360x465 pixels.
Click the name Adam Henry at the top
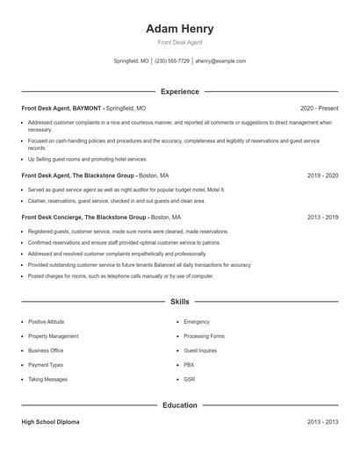point(179,28)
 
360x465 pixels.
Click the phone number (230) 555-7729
point(172,61)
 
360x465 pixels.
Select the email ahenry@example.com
point(220,61)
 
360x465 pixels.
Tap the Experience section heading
point(179,91)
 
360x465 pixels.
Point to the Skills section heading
point(179,302)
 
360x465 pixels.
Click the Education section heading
point(179,405)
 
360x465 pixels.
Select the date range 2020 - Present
point(319,108)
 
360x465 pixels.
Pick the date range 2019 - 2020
point(322,175)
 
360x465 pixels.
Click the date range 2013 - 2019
point(322,217)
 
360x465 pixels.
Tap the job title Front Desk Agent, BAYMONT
point(61,108)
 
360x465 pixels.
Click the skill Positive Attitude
point(46,322)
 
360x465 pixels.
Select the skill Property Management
point(53,336)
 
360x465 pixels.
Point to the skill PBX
point(189,365)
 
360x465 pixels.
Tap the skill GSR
point(190,379)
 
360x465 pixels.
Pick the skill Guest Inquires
point(200,350)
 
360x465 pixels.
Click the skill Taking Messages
point(47,379)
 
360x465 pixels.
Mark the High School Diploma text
point(50,422)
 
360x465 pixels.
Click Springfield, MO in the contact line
point(132,61)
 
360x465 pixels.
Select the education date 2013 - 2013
point(322,422)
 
